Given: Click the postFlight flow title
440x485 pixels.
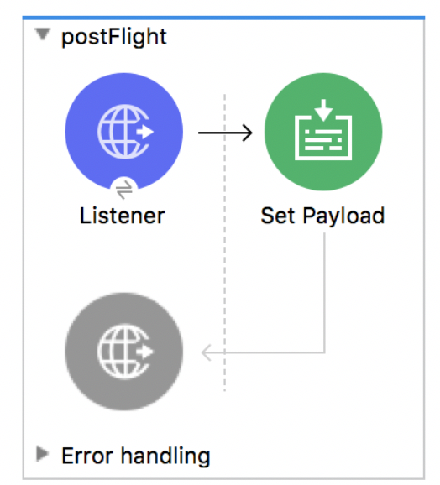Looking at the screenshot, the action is coord(114,38).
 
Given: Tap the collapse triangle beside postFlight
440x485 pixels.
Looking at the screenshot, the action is coord(43,34).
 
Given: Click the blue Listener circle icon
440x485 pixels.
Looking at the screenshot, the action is coord(123,132).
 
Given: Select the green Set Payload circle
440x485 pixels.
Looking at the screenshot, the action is coord(323,132).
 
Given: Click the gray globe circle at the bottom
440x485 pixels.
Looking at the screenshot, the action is coord(123,352).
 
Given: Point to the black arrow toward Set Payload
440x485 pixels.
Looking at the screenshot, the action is coord(225,133).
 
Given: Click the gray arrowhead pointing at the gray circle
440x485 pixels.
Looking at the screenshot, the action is coord(207,352).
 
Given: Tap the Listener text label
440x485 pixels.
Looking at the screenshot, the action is coord(123,216).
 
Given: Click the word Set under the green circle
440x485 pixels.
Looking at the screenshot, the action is coord(278,216).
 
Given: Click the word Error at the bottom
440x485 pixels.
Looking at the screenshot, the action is coord(87,456).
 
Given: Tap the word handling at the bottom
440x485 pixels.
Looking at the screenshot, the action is coord(165,456).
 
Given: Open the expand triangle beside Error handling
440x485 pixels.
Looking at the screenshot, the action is coord(42,453).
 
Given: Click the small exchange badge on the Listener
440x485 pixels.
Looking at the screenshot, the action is coord(124,190).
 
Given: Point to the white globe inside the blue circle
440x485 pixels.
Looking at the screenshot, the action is coord(123,132).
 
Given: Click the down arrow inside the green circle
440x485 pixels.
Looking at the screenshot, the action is coord(323,109).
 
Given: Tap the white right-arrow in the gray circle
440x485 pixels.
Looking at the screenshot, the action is coord(145,352).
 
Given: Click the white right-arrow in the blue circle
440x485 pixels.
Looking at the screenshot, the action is coord(145,132).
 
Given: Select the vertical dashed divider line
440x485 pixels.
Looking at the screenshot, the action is coord(225,242).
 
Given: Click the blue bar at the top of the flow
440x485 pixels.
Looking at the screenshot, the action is coord(223,18).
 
